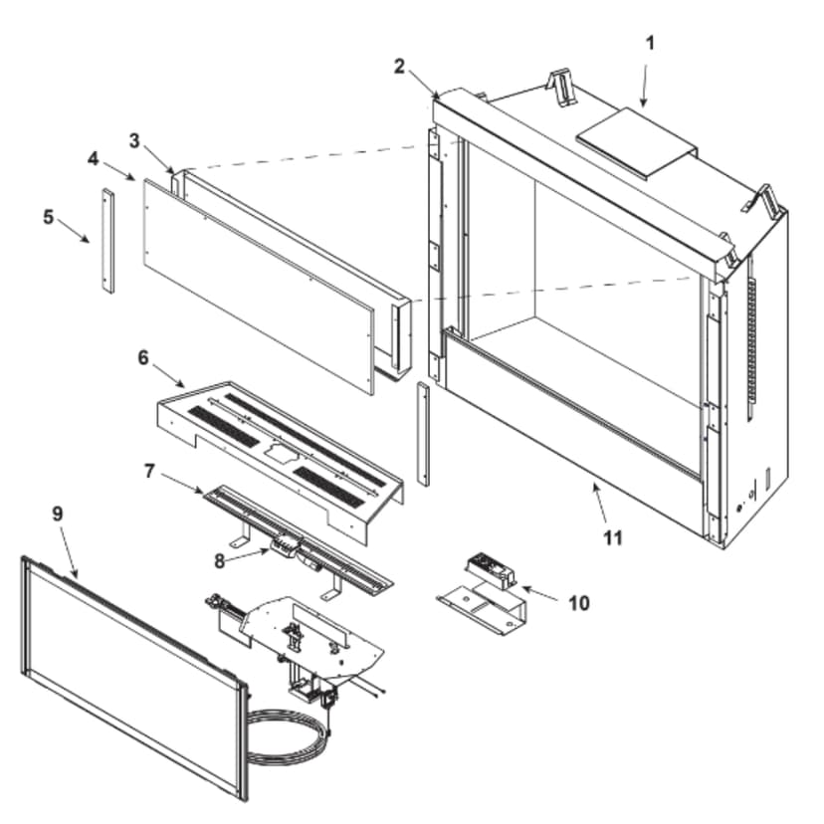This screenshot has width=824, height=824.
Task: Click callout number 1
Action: point(650,43)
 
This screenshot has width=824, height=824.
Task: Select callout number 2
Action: point(399,67)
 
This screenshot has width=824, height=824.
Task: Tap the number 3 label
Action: point(135,138)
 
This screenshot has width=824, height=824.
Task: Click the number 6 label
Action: point(143,357)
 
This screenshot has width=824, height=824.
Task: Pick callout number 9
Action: point(57,514)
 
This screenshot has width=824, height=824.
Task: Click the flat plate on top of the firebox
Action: point(636,145)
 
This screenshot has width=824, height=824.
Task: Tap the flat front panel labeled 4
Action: point(254,283)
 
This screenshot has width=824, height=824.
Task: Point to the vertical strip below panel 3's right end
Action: point(423,432)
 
